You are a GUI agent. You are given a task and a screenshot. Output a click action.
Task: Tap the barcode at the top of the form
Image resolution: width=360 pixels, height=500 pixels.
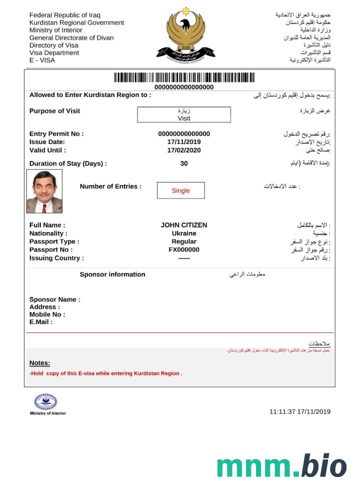[184, 78]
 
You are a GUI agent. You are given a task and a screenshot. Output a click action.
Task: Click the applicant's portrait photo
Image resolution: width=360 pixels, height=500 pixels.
[44, 191]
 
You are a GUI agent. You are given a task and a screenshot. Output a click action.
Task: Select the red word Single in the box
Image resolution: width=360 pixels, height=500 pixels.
[180, 190]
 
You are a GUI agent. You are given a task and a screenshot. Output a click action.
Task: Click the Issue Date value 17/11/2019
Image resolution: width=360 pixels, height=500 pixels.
[183, 142]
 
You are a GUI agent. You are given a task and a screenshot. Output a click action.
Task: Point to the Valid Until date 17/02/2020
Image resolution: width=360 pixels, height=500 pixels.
[183, 150]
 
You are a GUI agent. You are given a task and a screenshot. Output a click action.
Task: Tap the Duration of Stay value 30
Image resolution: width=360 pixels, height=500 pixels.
[183, 163]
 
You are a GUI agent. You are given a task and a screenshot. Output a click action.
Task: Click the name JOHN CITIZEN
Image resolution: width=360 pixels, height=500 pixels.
[183, 225]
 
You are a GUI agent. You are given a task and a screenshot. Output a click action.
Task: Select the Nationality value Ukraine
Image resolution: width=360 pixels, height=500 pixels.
[183, 233]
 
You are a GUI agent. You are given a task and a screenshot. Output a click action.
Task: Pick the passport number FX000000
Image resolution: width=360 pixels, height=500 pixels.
[183, 250]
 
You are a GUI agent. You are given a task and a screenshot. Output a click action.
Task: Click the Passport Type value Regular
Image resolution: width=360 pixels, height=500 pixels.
[183, 242]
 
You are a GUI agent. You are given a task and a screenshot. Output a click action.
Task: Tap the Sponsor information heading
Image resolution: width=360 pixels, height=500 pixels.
[112, 274]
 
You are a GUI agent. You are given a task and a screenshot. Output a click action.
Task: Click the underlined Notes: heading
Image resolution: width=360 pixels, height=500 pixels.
[39, 363]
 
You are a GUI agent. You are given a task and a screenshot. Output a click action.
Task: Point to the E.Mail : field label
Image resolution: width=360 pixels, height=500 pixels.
[41, 322]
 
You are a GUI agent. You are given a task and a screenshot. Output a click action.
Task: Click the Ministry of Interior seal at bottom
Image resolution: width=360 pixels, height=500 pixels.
[45, 402]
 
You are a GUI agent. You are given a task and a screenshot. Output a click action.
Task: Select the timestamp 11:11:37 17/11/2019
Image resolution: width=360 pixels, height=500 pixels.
[300, 412]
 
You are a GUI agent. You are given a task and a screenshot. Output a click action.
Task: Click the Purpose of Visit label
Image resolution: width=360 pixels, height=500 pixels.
[54, 111]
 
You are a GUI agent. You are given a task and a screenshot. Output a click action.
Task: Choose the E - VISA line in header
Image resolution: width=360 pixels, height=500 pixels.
[42, 60]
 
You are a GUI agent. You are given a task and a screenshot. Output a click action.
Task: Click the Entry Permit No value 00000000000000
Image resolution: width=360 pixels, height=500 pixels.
[183, 134]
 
